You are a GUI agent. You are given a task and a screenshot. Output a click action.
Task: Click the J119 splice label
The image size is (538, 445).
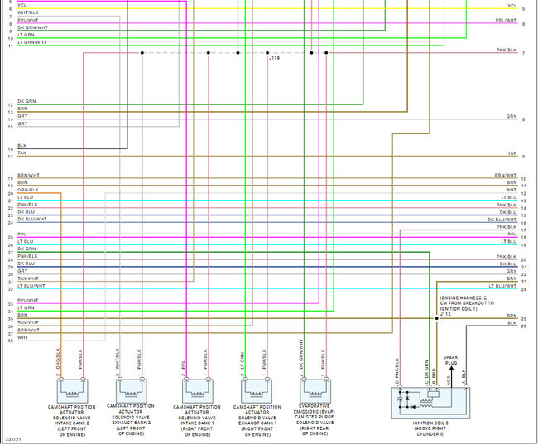coord(273,59)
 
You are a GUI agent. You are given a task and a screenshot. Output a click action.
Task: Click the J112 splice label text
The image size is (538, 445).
coord(444,314)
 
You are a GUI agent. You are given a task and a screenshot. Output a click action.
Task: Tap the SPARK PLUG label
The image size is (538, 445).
coord(450,360)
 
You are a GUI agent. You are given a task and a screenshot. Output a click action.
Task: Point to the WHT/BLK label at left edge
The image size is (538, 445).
coord(27,12)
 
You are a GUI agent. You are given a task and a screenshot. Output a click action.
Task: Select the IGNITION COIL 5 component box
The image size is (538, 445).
coord(430,402)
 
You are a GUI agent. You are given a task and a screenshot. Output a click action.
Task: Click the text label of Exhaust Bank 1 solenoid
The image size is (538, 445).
coord(257,419)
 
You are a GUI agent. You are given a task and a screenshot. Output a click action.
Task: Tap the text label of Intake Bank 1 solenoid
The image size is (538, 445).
coord(197,419)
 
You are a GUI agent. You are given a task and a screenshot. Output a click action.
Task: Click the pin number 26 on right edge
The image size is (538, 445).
coord(524,326)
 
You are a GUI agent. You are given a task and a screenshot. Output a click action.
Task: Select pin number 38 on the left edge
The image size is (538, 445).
coord(10,340)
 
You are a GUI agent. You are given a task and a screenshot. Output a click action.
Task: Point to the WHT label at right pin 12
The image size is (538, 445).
coord(512,190)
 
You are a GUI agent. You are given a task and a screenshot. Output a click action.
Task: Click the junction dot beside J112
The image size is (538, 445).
coord(437,317)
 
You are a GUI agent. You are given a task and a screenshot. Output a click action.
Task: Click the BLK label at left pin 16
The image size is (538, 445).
coord(22,146)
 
